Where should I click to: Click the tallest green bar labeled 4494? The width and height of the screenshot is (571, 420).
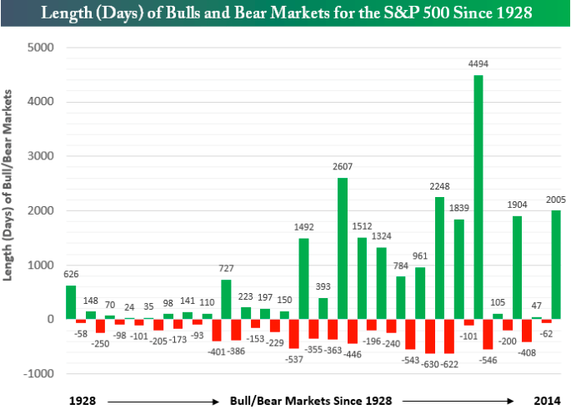(478, 197)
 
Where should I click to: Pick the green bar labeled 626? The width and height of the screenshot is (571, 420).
(71, 301)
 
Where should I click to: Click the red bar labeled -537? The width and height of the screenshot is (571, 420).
(294, 333)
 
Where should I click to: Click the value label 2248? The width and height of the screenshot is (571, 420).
(439, 187)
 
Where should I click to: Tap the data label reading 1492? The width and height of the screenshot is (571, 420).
(303, 228)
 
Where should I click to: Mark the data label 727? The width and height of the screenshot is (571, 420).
(226, 269)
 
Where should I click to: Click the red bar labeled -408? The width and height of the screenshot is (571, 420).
(527, 330)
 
